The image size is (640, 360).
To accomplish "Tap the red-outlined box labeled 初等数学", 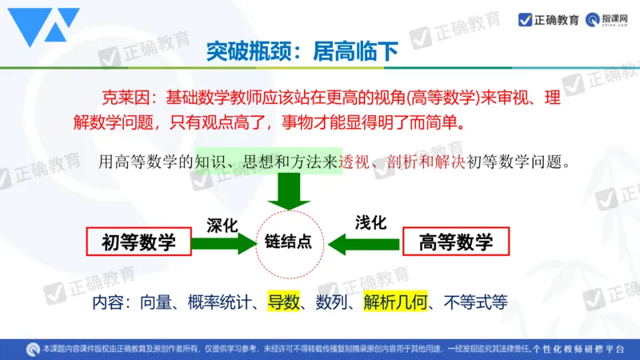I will tap(138, 242).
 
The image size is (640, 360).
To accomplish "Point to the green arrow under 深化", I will tap(226, 242).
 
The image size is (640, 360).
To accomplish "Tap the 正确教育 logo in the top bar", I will tap(549, 19).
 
